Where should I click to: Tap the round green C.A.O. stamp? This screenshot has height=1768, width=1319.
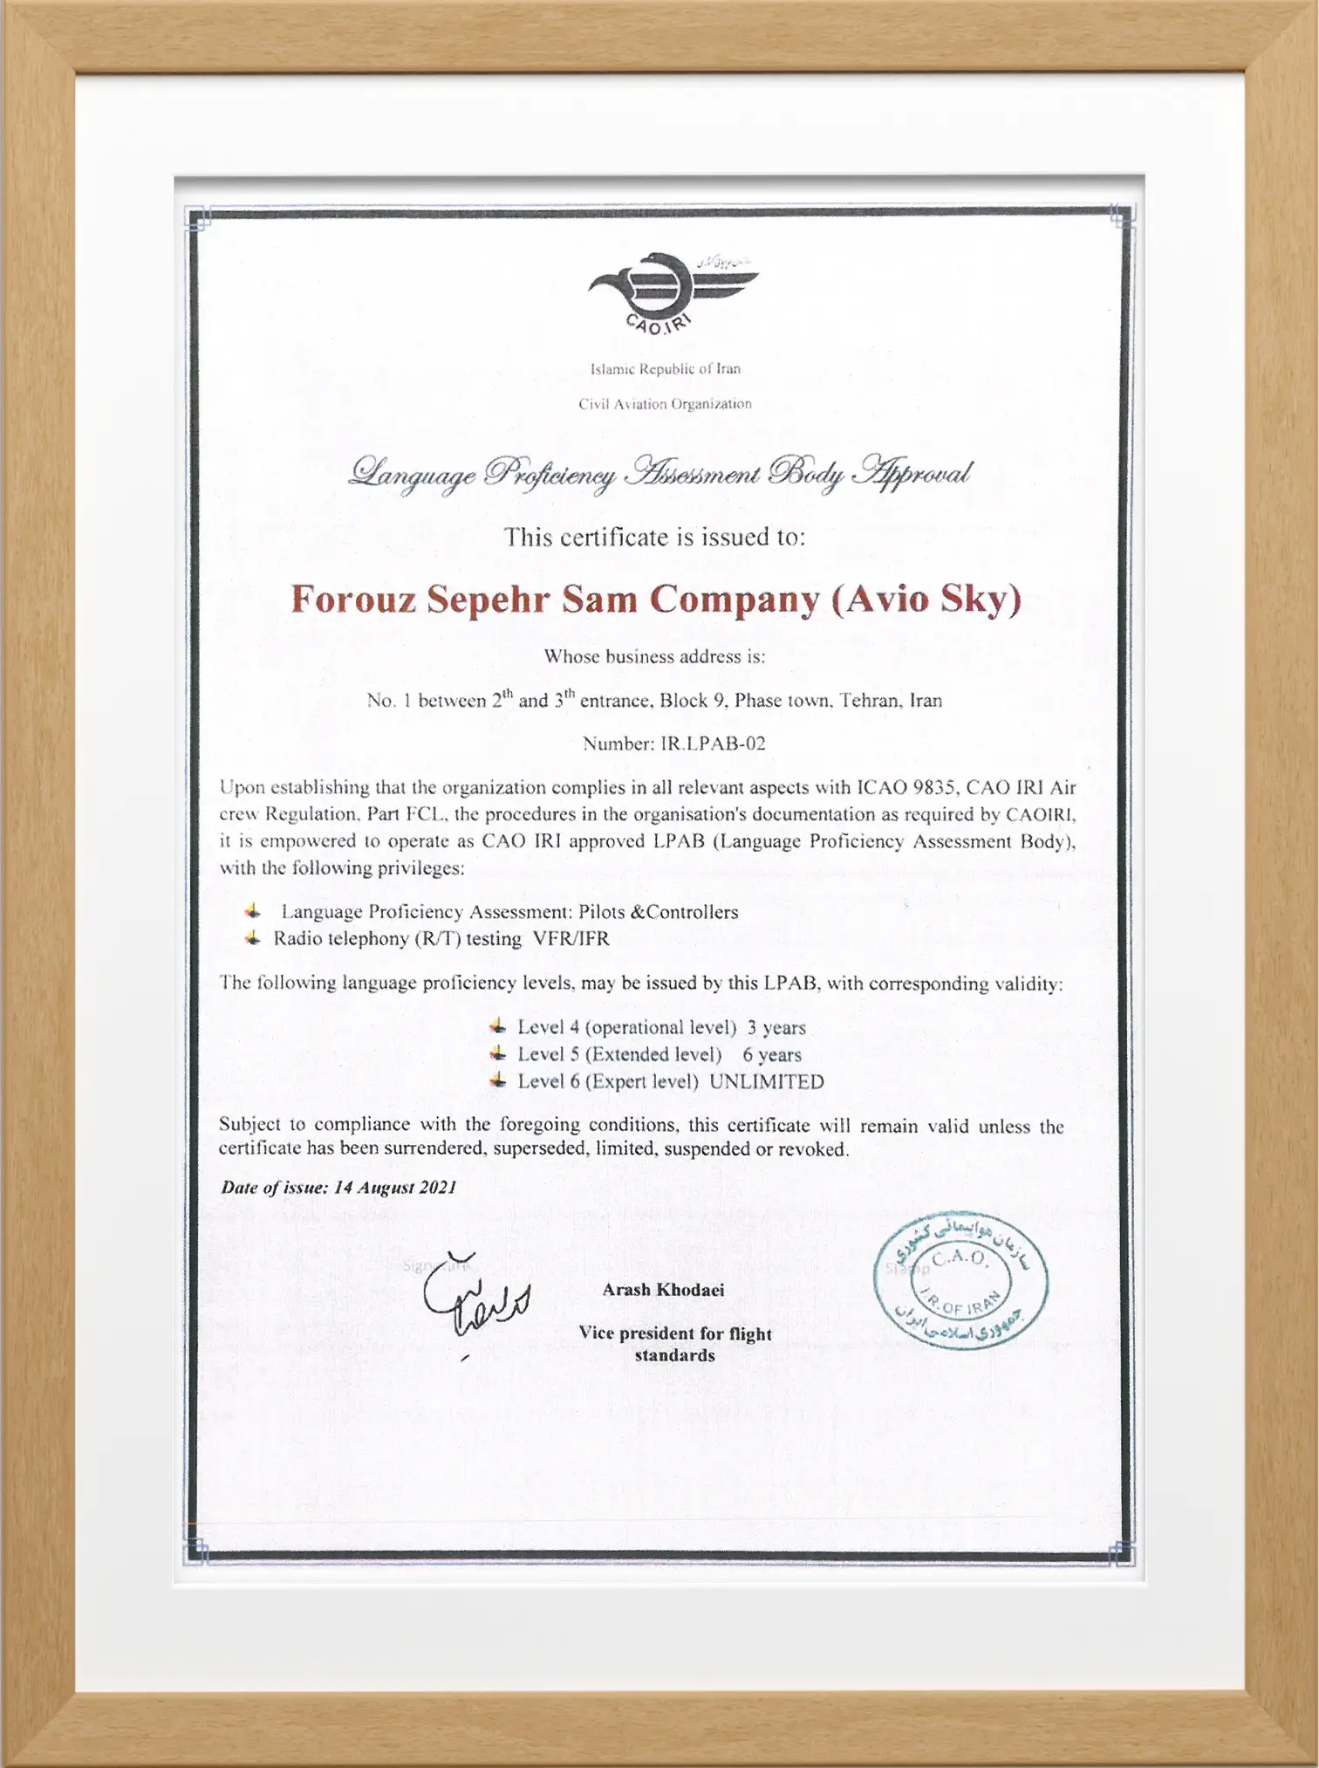tap(961, 1280)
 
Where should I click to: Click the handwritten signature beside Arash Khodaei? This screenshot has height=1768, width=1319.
tap(475, 1295)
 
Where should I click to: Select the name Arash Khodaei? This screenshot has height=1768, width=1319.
tap(663, 1290)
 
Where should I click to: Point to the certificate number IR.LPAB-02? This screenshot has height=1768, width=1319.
tap(713, 744)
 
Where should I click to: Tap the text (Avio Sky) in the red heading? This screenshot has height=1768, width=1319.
tap(926, 599)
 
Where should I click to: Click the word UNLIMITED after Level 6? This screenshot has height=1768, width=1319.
tap(766, 1081)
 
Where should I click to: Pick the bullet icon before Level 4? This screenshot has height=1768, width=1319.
tap(497, 1026)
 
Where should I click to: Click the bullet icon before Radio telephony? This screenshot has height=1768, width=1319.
tap(252, 938)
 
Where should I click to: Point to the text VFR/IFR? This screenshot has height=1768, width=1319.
tap(571, 939)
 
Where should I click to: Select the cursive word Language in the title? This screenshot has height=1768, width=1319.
tap(412, 474)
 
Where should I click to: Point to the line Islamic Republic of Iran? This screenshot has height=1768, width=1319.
tap(666, 368)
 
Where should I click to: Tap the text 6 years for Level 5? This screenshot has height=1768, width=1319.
tap(772, 1054)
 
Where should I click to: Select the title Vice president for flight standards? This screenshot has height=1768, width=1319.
tap(675, 1344)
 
